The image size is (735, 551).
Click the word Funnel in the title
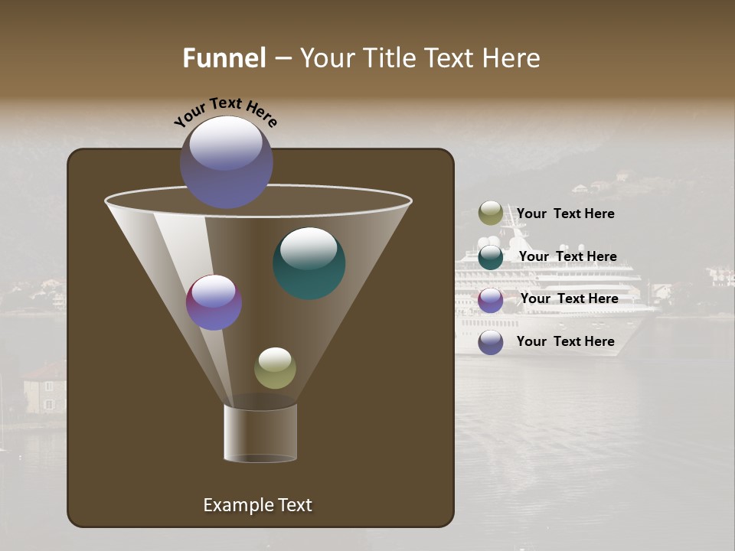(224, 58)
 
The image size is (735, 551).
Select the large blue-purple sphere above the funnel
(227, 162)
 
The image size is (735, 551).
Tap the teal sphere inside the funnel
(309, 263)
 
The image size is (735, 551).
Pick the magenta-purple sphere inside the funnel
(214, 302)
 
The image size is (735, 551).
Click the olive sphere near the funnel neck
(275, 368)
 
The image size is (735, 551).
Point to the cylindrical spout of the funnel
(260, 433)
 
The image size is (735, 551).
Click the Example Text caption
(257, 505)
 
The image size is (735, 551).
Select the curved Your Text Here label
(225, 112)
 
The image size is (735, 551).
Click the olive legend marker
(491, 214)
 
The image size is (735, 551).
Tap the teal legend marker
(491, 257)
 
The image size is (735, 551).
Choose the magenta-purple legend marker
(491, 300)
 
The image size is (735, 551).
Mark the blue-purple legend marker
(491, 342)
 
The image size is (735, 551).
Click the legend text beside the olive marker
(565, 214)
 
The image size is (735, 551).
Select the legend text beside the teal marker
(567, 256)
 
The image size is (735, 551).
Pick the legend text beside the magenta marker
(569, 298)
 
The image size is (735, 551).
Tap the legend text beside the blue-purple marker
(565, 341)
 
